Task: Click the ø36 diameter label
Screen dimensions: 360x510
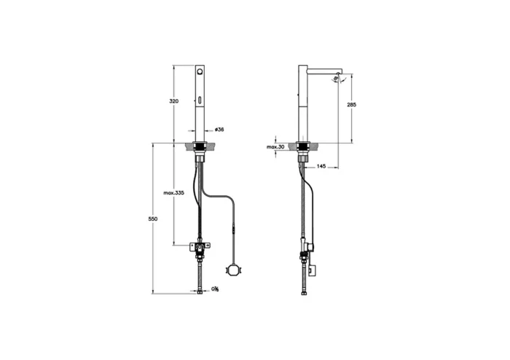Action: tap(219, 130)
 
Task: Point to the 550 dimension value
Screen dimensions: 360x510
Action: tap(153, 219)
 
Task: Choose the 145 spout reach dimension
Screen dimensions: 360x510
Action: tap(321, 166)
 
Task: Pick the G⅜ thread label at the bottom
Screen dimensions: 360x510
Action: tap(216, 290)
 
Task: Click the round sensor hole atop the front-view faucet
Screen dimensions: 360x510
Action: tap(200, 74)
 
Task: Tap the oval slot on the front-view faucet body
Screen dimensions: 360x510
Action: tap(200, 100)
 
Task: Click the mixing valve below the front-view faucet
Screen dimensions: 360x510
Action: tap(198, 249)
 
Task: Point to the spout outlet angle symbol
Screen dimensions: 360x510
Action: tap(337, 81)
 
